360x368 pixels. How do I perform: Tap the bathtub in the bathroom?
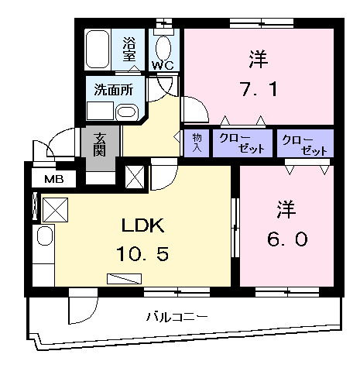(98, 49)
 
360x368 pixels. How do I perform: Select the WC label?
(163, 65)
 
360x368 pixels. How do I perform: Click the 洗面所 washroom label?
(113, 90)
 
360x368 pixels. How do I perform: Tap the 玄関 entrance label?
(101, 144)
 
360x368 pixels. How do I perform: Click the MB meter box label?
(53, 180)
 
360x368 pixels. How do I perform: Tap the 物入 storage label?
(196, 143)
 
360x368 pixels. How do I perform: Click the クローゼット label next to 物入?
(242, 143)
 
